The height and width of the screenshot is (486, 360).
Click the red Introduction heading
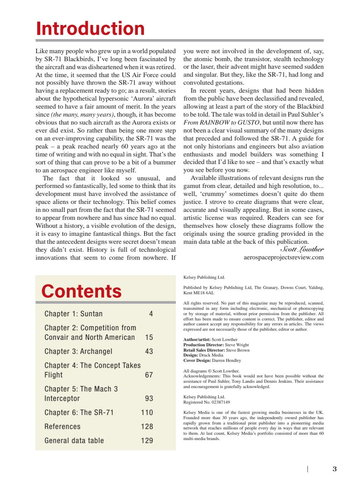90,29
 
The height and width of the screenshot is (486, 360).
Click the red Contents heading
81,291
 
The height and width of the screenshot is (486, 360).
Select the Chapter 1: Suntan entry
73,314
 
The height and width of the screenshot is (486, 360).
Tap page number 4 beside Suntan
151,314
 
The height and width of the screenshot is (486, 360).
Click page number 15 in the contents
149,338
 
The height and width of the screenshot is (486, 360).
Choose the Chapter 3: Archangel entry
78,351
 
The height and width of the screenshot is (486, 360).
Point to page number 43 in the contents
149,351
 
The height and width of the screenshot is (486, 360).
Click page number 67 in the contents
149,375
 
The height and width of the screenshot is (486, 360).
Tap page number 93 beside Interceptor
149,399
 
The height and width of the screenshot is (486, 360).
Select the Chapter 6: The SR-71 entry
79,413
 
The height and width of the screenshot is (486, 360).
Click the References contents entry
62,426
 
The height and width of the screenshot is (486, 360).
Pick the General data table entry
74,440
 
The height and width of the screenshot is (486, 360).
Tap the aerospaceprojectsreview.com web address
283,257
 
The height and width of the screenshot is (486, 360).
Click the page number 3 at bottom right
334,469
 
